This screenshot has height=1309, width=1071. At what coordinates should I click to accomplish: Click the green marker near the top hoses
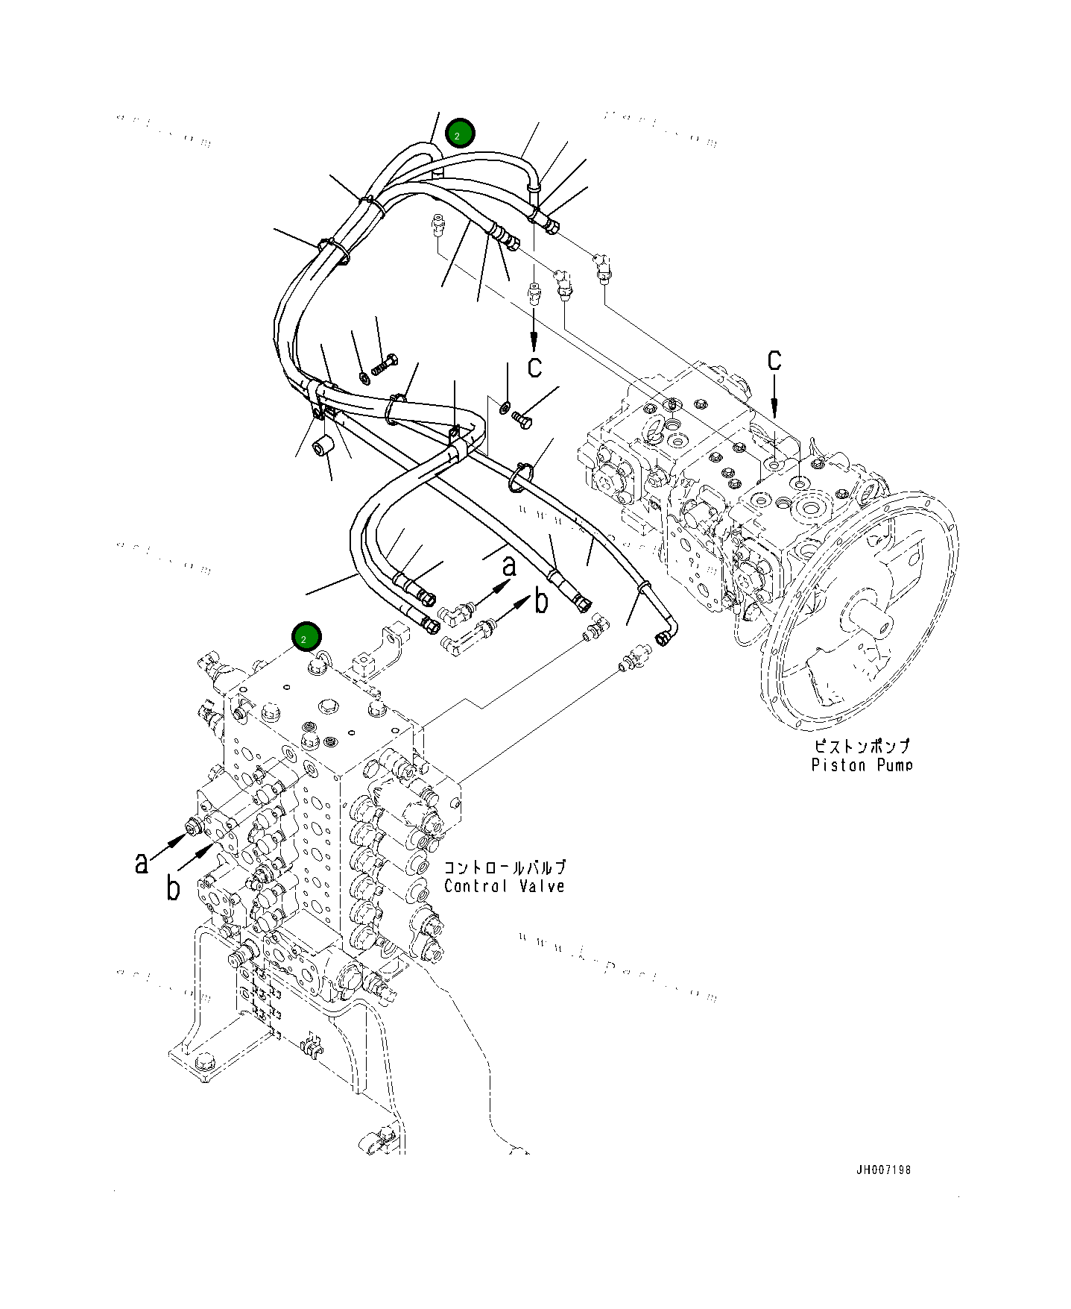point(459,134)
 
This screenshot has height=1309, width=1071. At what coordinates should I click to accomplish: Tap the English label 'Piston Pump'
point(862,765)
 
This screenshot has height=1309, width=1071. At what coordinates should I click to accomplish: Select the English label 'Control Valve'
point(505,886)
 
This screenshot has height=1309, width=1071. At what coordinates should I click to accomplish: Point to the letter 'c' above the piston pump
point(774,360)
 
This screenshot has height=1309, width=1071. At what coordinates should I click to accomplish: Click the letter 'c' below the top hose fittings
point(534,366)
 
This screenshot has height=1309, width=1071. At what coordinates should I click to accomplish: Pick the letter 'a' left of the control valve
point(142,863)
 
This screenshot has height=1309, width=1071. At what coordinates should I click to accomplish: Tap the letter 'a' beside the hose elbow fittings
point(509,566)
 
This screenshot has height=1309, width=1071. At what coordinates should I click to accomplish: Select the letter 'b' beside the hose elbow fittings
point(542,601)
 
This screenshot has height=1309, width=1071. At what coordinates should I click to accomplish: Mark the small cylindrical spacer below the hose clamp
point(323,446)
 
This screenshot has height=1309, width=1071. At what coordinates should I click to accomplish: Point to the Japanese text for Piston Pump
point(862,746)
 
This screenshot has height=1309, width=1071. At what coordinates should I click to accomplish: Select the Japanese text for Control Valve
point(505,867)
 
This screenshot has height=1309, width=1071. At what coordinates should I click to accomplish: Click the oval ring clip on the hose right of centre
point(520,478)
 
